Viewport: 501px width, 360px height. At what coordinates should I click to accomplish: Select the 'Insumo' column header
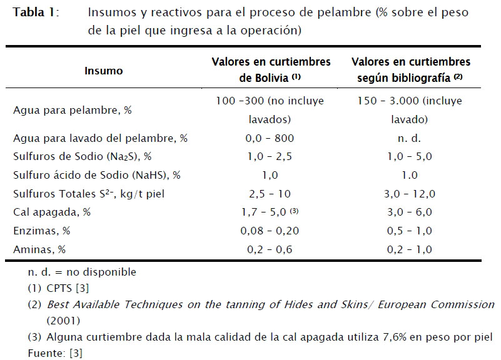point(104,71)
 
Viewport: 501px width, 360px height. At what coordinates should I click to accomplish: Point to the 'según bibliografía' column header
point(410,71)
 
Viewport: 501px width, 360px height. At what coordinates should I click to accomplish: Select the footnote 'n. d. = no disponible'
point(82,272)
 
